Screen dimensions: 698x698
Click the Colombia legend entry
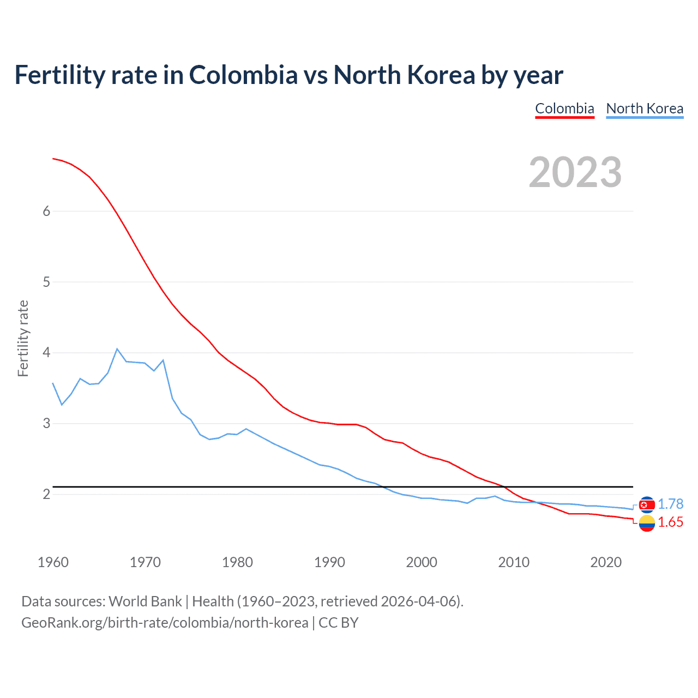(564, 109)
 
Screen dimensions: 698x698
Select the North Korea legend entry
(645, 109)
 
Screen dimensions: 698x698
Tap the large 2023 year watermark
(575, 172)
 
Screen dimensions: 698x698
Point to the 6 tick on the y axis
(46, 212)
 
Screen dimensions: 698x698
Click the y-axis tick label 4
(46, 353)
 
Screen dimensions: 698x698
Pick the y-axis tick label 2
(46, 494)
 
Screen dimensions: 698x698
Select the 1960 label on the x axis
(53, 562)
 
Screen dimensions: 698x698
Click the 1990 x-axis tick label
(329, 562)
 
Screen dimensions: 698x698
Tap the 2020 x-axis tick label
(606, 562)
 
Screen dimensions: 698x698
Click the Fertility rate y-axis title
(23, 338)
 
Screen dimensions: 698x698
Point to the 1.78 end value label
(670, 504)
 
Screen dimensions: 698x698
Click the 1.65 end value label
(670, 522)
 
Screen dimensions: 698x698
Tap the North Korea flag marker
(647, 505)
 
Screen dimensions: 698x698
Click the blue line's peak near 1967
(117, 349)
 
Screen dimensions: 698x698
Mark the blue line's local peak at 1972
(163, 360)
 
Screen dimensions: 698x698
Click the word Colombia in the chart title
(243, 75)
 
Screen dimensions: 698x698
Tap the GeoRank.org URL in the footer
(165, 623)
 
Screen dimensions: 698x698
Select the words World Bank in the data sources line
(145, 601)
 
